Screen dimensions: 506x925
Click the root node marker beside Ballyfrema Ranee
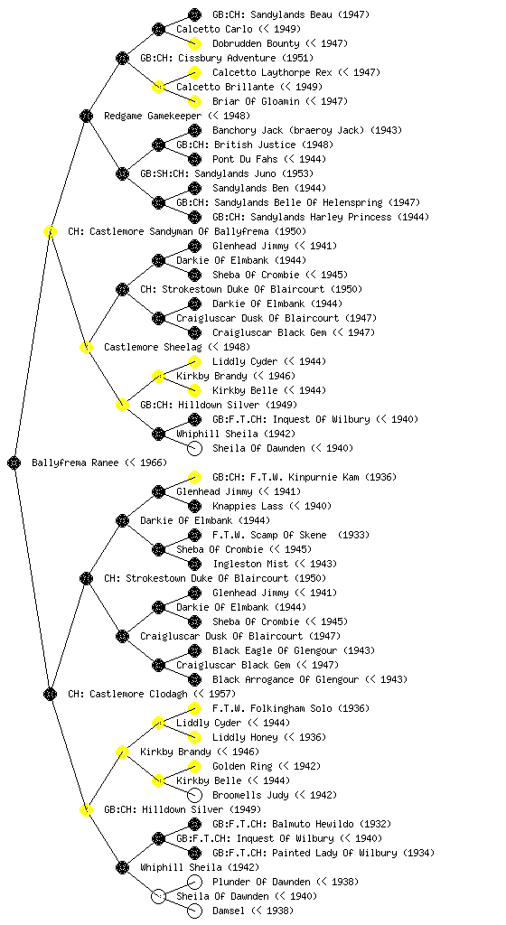[x=14, y=463]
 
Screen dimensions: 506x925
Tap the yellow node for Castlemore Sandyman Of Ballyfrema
[x=50, y=231]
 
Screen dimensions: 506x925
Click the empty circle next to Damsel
[x=194, y=911]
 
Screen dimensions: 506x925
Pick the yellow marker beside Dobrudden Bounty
[x=194, y=43]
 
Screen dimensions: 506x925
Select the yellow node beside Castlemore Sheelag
[x=86, y=347]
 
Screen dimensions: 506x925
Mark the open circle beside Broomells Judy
[x=194, y=795]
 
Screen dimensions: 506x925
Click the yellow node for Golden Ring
[x=194, y=766]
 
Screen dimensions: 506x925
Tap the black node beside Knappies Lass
[x=194, y=506]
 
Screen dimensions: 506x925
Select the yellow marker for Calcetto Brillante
[x=158, y=87]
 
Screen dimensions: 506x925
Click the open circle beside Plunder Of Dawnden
[x=194, y=882]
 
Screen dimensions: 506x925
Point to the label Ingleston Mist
[x=251, y=564]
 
